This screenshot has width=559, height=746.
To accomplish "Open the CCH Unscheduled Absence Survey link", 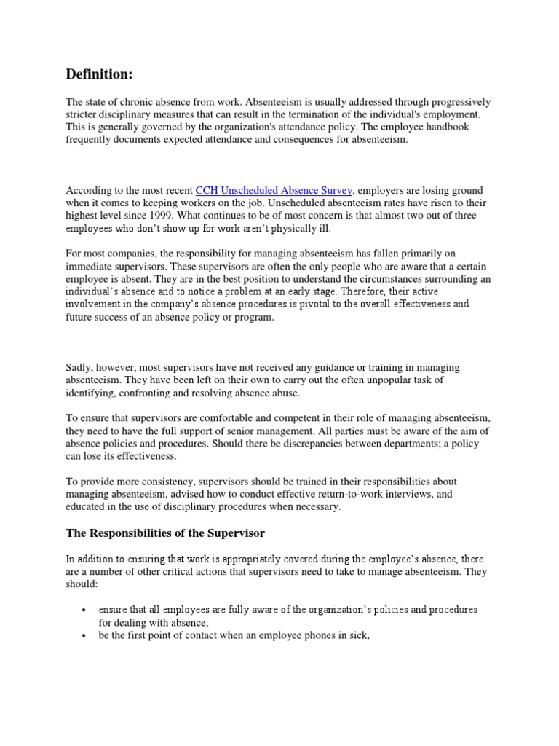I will [274, 189].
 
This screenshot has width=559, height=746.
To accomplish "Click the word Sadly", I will [79, 367].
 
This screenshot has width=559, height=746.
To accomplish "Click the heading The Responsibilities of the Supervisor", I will [166, 533].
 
